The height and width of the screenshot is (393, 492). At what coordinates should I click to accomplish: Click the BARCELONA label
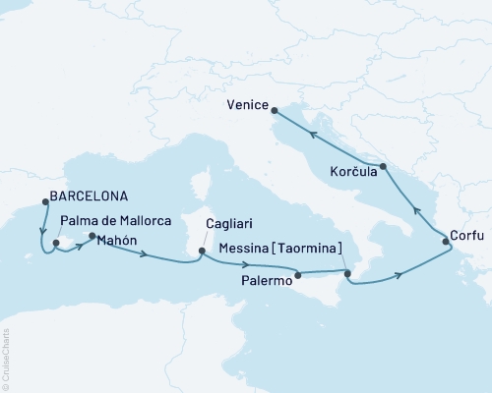coord(93,195)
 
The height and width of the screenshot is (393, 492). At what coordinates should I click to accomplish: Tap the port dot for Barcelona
coord(45,202)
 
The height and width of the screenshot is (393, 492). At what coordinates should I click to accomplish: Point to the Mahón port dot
coord(92,237)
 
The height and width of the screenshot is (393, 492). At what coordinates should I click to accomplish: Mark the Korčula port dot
coord(383,168)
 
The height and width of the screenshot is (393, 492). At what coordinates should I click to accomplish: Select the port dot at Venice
coord(275,110)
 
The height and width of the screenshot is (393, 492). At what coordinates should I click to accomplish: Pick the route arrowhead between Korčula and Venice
coord(313,135)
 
